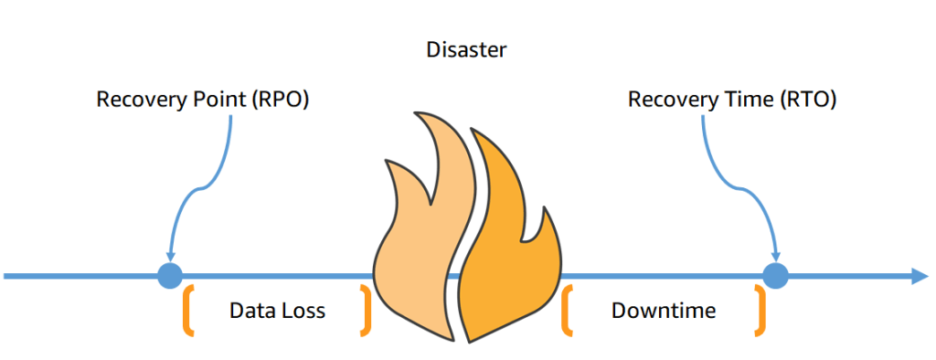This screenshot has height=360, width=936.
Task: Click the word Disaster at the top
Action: [466, 49]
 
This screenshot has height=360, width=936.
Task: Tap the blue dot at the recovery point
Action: [170, 275]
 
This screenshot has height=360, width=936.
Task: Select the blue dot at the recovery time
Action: [775, 275]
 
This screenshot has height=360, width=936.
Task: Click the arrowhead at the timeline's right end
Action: [919, 275]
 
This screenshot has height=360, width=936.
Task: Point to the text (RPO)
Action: [279, 100]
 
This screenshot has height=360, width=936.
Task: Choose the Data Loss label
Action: [277, 311]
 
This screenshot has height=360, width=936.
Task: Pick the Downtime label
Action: [664, 311]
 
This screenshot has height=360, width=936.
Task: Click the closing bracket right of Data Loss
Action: [367, 310]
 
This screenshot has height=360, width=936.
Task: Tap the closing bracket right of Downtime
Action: [759, 310]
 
